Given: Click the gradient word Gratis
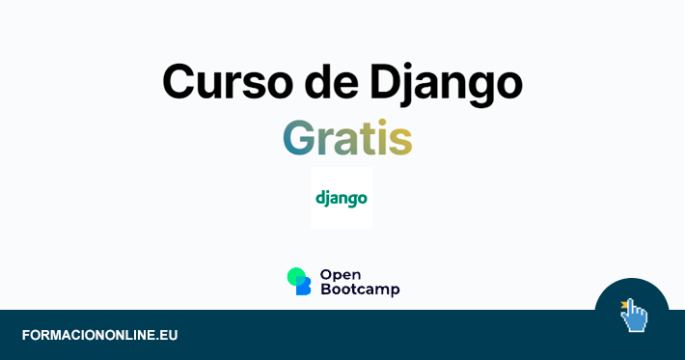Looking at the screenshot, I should coord(347,138).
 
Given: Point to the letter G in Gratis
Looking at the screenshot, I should coord(300,138).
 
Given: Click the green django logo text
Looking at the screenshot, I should coord(342,198).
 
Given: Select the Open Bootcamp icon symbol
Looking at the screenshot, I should coord(299,281).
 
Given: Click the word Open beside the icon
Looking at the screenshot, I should coord(340,274).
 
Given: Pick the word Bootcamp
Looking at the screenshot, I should coord(359,289).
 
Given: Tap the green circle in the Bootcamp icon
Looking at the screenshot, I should coord(296,276).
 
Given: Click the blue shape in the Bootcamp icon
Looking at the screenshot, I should coord(304,287).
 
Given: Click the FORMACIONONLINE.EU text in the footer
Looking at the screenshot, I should coord(99,336).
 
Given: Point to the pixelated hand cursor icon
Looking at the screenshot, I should coord(634,317).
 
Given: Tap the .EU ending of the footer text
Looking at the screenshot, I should coord(167,336).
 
